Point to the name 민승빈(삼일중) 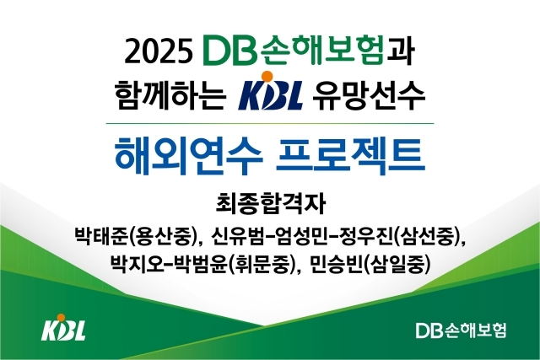pyautogui.click(x=377, y=263)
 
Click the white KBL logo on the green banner pyautogui.click(x=63, y=330)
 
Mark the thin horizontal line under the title pyautogui.click(x=270, y=123)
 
